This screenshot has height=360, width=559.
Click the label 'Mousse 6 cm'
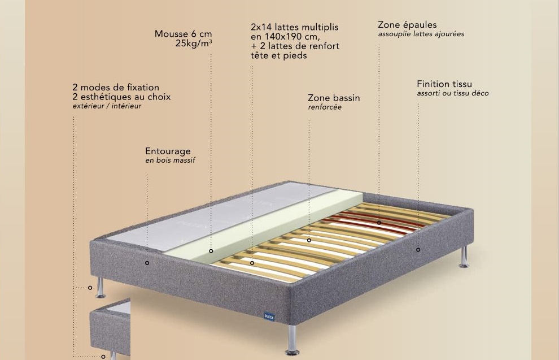184,34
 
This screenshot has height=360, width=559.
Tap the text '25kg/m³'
194,44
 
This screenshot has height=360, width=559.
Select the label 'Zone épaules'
407,25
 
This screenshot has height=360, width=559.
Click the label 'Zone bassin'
334,98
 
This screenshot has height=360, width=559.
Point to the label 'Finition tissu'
444,84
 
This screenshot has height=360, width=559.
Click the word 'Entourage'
168,151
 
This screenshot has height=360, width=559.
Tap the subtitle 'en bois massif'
170,160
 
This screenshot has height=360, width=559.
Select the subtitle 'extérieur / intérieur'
107,106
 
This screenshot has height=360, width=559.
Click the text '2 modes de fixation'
116,88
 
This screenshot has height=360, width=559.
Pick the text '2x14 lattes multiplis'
295,27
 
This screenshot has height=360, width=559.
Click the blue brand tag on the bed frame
269,316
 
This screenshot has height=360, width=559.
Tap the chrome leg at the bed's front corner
292,340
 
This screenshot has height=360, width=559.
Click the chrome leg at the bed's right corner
464,257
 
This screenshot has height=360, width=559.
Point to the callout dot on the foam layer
211,251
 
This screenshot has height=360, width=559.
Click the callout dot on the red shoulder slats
379,223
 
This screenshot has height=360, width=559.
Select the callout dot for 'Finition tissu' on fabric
418,250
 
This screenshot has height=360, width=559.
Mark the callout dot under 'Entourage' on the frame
147,263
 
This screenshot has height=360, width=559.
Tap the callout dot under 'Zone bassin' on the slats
309,241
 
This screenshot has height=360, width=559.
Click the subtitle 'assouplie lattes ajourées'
421,34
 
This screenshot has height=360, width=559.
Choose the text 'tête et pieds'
279,55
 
